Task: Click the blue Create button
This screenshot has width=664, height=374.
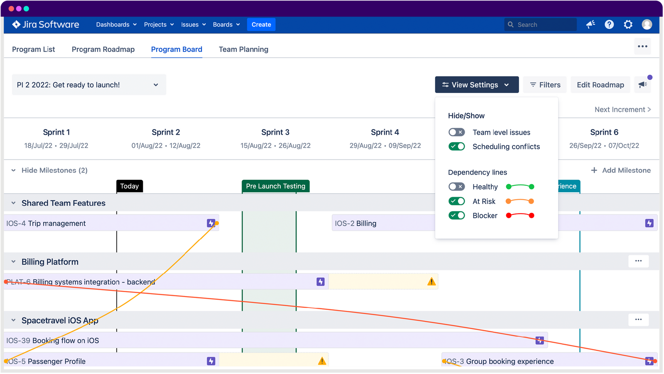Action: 261,25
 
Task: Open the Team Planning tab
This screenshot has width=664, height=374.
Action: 243,49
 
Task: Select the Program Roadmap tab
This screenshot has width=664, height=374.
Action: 103,49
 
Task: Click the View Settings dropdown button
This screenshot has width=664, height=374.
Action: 477,85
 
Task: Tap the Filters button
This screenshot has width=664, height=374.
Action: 545,85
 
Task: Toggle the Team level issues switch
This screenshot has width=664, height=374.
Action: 456,132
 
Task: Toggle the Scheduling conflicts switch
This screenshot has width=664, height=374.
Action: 456,146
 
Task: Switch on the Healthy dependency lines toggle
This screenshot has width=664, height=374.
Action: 456,187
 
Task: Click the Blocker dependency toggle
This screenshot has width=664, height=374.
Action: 456,215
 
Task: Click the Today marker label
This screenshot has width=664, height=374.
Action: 130,186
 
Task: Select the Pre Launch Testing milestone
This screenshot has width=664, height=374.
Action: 275,186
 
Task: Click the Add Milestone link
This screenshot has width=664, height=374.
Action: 621,170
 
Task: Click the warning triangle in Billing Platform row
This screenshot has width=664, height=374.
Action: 431,282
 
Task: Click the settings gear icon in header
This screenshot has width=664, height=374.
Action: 628,25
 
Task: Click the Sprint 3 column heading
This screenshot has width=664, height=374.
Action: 275,132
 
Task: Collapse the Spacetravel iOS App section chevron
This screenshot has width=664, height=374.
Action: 13,320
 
